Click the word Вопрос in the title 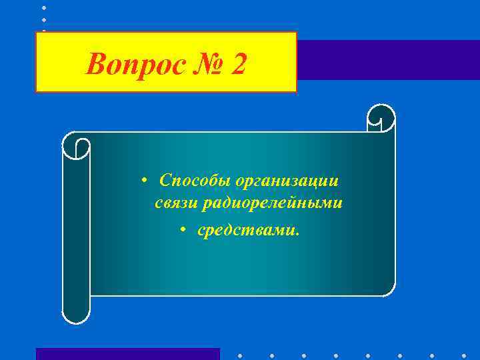tap(134, 65)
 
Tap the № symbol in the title tap(207, 65)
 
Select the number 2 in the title tap(239, 65)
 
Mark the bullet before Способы tap(144, 181)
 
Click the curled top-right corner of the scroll tap(381, 119)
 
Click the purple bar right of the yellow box tap(387, 60)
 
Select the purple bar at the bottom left tap(127, 353)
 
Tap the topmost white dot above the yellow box tap(44, 7)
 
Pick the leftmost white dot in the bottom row tap(239, 355)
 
